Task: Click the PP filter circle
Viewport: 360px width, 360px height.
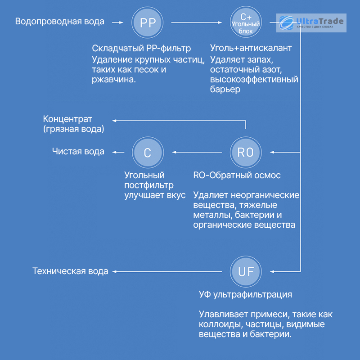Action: coord(148,22)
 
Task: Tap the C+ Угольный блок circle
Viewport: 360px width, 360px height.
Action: coord(246,22)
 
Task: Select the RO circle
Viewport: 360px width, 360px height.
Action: coord(246,152)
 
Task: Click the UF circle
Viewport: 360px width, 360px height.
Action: coord(246,272)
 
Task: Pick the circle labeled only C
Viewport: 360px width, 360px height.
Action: coord(148,153)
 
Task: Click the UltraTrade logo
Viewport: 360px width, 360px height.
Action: coord(311,23)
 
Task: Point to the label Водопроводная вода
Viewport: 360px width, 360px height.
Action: coord(60,21)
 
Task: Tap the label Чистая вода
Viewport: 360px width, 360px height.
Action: coord(78,152)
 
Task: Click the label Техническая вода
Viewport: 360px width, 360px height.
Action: coord(70,271)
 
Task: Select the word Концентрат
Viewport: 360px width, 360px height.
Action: coord(67,119)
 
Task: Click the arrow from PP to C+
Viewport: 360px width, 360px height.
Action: coord(197,22)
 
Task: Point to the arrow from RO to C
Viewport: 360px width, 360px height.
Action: coord(197,152)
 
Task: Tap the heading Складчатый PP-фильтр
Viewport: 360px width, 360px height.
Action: coord(141,48)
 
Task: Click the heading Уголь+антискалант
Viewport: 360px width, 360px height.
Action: coord(251,48)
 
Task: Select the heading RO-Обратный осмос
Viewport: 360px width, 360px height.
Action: coord(237,175)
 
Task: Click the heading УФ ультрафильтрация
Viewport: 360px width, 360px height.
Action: coord(245,294)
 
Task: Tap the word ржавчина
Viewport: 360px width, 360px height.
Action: coord(114,80)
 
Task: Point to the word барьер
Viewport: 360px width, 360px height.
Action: coord(225,89)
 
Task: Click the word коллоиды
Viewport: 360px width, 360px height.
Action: coord(221,324)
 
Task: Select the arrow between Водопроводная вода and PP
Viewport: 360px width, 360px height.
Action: coord(117,22)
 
